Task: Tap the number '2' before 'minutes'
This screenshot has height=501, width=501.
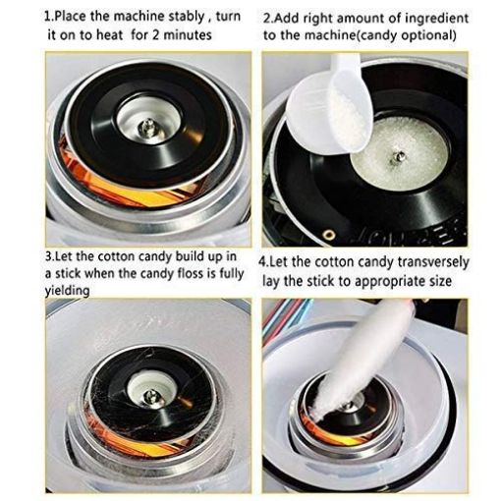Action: click(x=173, y=36)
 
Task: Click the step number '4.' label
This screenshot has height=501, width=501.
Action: click(x=264, y=262)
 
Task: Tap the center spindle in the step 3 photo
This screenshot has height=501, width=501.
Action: click(x=148, y=396)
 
